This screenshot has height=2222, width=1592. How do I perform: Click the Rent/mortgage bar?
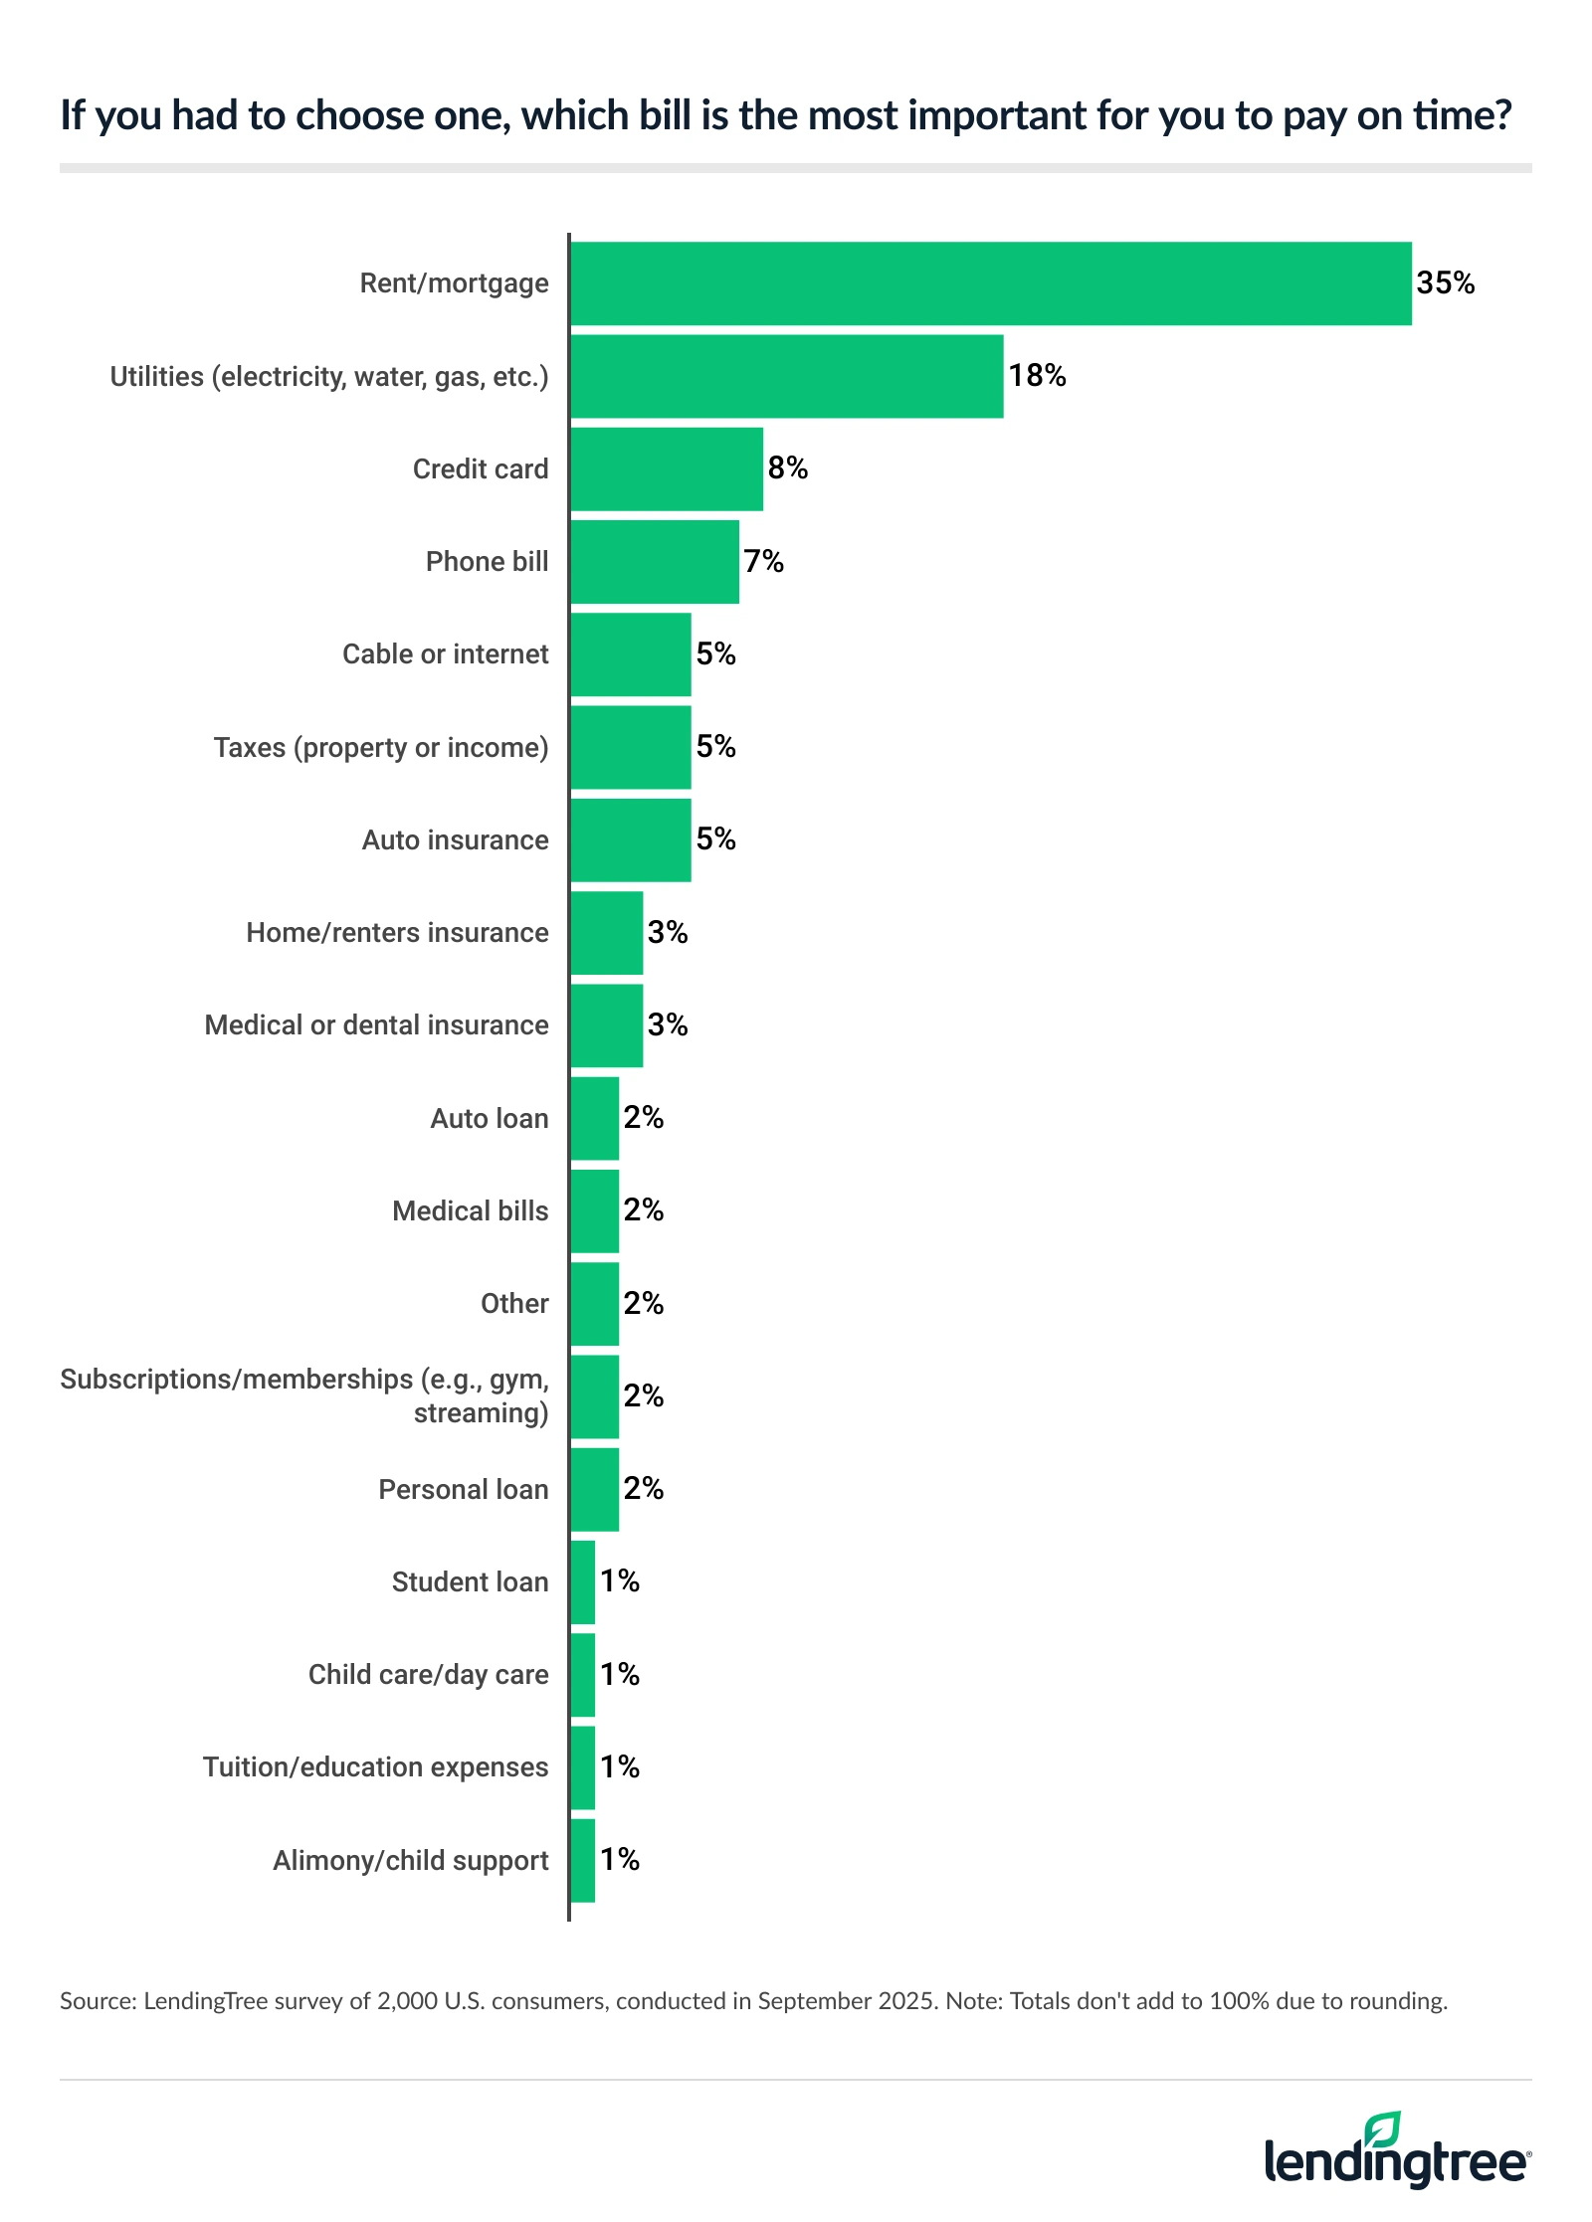tap(990, 283)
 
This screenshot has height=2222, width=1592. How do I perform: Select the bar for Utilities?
tap(786, 376)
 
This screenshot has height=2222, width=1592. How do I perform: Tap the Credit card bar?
tap(667, 469)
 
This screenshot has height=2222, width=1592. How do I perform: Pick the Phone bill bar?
tap(655, 562)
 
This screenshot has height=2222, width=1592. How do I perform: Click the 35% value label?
tap(1445, 283)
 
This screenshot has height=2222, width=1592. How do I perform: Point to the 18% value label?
tap(1037, 376)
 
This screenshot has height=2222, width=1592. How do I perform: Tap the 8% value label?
tap(787, 468)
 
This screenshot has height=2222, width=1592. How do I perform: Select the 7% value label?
tap(763, 562)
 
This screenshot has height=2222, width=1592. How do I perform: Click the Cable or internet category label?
tap(445, 654)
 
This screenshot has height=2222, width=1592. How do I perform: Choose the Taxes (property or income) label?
tap(381, 747)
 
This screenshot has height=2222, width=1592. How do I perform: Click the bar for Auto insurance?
tap(631, 840)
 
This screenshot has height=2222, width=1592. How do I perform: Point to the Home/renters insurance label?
tap(397, 933)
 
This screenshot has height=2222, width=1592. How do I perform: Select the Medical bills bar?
tap(595, 1211)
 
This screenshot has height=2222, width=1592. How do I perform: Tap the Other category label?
tap(514, 1304)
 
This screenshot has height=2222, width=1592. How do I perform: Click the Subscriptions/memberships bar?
tap(595, 1396)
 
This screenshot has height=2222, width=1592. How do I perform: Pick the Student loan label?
tap(470, 1582)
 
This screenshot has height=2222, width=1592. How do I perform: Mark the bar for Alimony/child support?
tap(583, 1861)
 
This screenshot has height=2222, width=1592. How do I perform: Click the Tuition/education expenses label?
tap(375, 1767)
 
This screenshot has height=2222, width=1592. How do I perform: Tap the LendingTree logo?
tap(1397, 2151)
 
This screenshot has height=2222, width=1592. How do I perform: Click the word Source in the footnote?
tap(97, 2001)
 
